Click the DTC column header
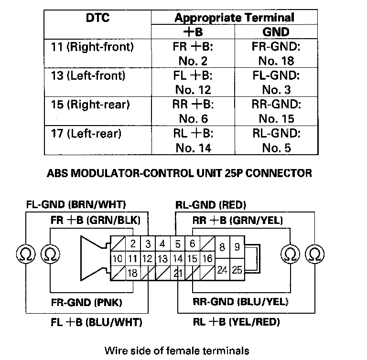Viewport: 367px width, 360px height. coord(97,18)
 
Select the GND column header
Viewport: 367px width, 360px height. coord(276,32)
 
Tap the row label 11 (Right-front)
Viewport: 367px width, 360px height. coord(92,47)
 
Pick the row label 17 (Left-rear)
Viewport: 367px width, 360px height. coord(86,134)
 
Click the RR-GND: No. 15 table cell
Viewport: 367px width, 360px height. coord(276,111)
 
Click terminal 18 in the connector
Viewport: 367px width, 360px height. coord(133,273)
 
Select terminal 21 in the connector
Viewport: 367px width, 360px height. coord(178,273)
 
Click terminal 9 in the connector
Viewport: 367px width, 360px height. coord(237,248)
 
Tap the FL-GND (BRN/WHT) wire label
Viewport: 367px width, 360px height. coord(76,205)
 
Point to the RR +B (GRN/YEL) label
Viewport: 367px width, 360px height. coord(237,220)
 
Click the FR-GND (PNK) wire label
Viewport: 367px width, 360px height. coord(86,302)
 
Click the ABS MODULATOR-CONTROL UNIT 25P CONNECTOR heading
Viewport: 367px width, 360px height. coord(179,173)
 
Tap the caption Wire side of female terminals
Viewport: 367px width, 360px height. coord(176,351)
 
